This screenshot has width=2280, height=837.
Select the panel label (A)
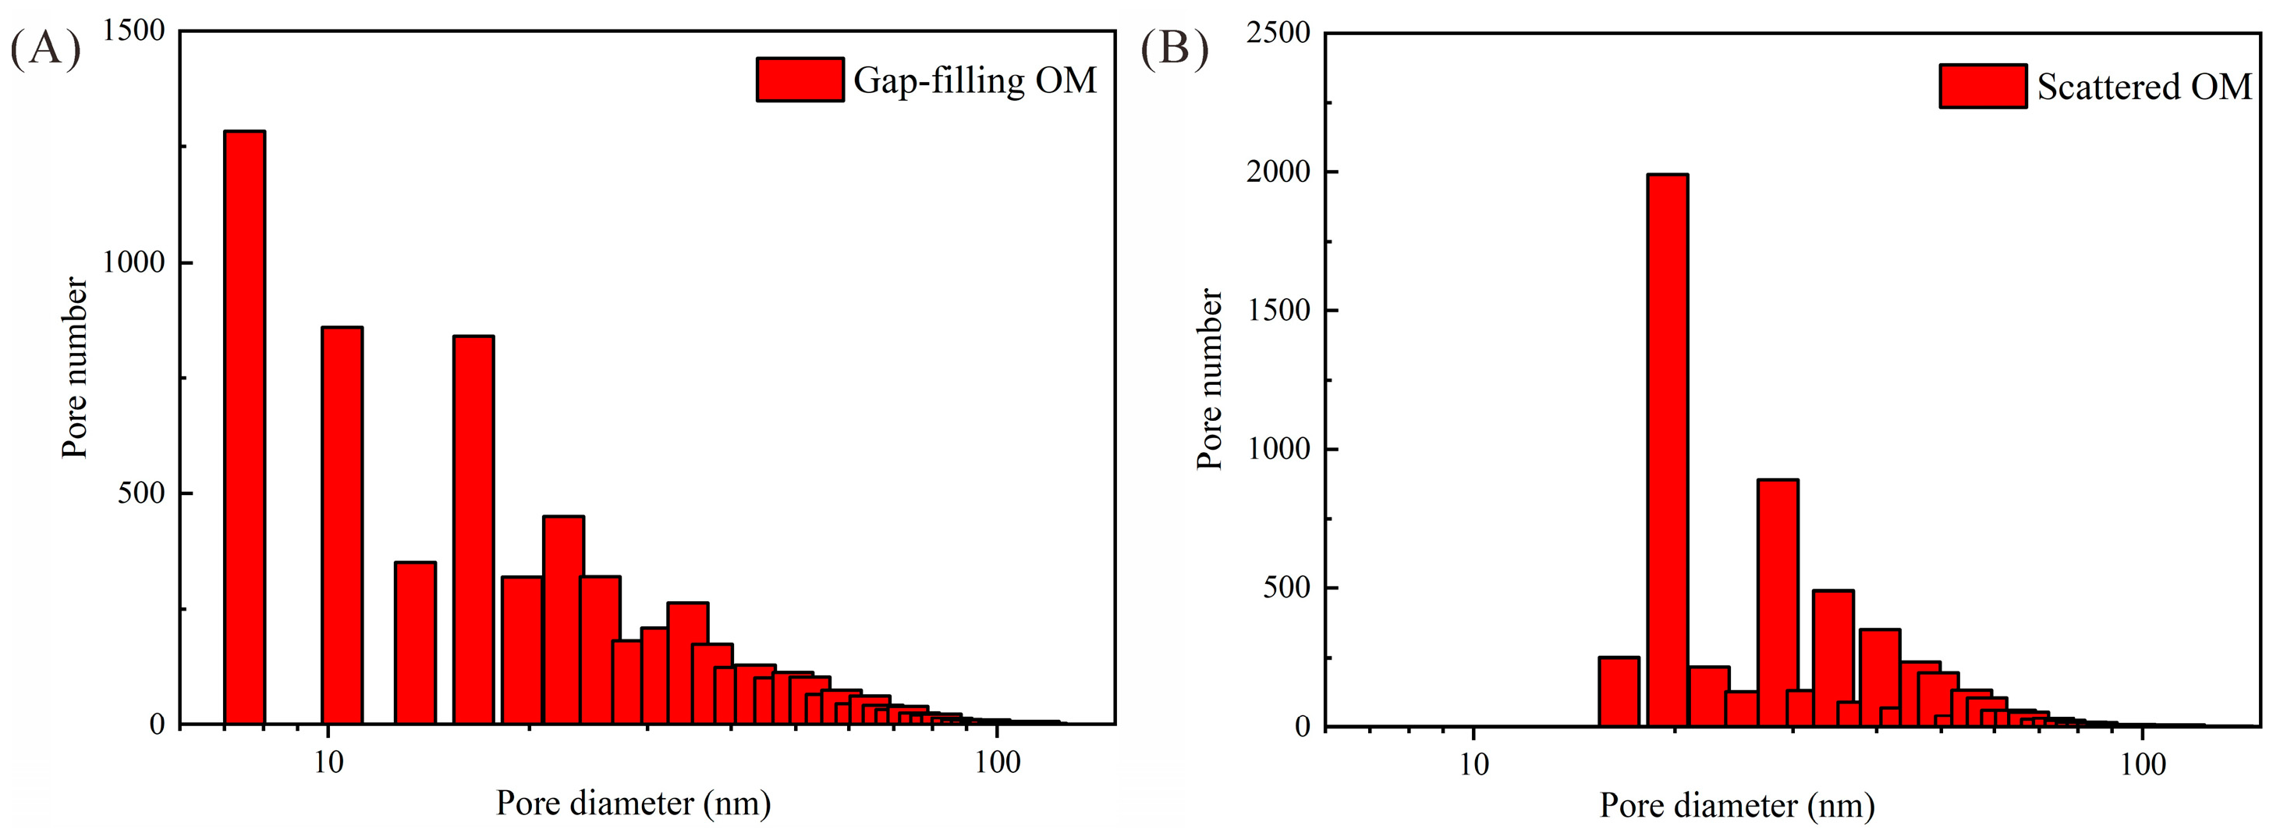pyautogui.click(x=45, y=48)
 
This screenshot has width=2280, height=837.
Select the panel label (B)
pyautogui.click(x=1174, y=48)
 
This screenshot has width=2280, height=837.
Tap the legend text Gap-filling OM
pyautogui.click(x=974, y=80)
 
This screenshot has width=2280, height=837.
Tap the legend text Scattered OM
pyautogui.click(x=2143, y=87)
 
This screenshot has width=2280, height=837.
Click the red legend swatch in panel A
pyautogui.click(x=800, y=80)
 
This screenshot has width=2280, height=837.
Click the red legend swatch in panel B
pyautogui.click(x=1983, y=86)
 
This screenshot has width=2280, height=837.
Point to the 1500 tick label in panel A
pyautogui.click(x=133, y=31)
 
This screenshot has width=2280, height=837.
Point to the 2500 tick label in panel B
pyautogui.click(x=1278, y=33)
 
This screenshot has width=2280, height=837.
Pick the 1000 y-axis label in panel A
pyautogui.click(x=133, y=262)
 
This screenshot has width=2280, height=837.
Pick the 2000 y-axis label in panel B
pyautogui.click(x=1278, y=171)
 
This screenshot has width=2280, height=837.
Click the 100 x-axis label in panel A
pyautogui.click(x=998, y=762)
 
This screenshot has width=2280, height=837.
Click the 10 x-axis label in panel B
pyautogui.click(x=1473, y=764)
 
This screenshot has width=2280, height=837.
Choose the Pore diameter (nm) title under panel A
pyautogui.click(x=633, y=803)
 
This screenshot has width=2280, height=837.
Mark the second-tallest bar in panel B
pyautogui.click(x=1777, y=602)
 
